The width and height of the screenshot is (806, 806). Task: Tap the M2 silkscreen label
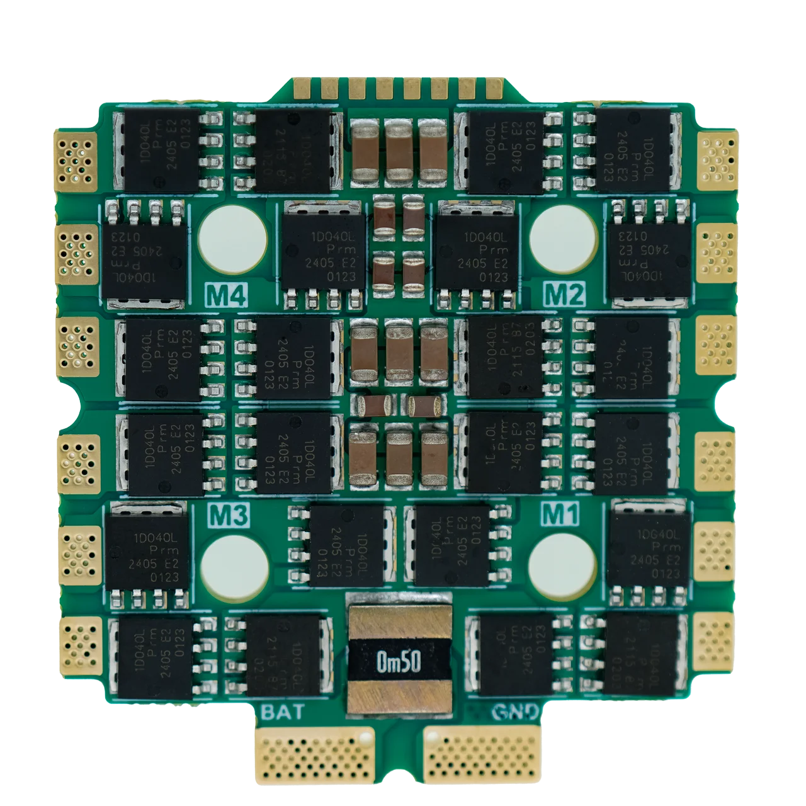click(564, 294)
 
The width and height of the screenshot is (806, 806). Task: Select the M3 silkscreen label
click(229, 516)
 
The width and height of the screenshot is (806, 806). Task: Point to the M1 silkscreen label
click(560, 515)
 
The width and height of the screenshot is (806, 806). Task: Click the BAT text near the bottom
click(282, 712)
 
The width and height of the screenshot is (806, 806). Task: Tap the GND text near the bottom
click(514, 712)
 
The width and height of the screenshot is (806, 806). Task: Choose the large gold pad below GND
click(482, 755)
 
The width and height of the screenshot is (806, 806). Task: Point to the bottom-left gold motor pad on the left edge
click(80, 642)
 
